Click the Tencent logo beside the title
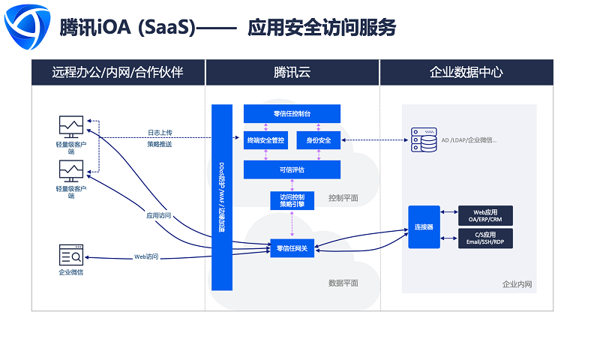tap(27, 27)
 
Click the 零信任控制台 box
tap(292, 113)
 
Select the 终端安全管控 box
tap(265, 139)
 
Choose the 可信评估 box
tap(292, 169)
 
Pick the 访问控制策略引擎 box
tap(292, 200)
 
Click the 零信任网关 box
tap(292, 248)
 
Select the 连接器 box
tap(424, 226)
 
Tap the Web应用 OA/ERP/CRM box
tap(486, 216)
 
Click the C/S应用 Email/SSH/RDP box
tap(486, 238)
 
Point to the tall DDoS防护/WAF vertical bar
tap(222, 197)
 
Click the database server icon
tap(424, 139)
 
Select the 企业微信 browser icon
tap(71, 254)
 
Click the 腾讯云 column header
tap(292, 73)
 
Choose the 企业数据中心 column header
tap(466, 73)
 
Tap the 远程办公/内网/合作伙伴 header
tap(118, 73)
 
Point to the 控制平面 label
tap(343, 198)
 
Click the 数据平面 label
tap(343, 283)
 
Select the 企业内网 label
tap(517, 285)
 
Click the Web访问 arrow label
tap(146, 256)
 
